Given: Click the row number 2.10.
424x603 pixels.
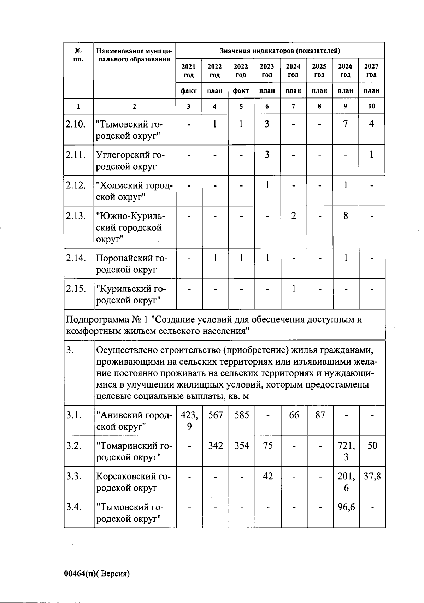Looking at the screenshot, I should click(x=75, y=124).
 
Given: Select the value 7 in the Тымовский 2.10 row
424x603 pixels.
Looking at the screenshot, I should click(x=346, y=124).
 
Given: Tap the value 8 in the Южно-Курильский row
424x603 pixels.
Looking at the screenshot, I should click(x=346, y=215).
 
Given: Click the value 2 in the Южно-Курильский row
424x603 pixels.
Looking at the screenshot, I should click(x=294, y=215).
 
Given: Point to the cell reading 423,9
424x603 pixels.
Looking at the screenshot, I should click(x=189, y=421).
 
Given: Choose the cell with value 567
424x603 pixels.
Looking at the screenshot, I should click(x=216, y=415).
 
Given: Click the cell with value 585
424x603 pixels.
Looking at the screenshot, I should click(x=242, y=415).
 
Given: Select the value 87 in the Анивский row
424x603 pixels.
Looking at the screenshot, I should click(x=320, y=415).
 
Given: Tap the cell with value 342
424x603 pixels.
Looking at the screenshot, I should click(x=216, y=446).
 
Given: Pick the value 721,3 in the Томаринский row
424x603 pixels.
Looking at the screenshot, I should click(x=346, y=451).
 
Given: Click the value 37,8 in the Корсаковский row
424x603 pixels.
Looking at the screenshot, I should click(x=372, y=477).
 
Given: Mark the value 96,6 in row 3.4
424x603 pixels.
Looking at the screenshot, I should click(x=346, y=507).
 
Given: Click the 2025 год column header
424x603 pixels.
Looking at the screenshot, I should click(x=319, y=70).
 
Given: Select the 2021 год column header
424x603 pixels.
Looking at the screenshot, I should click(x=189, y=70).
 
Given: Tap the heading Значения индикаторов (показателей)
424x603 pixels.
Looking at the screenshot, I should click(x=280, y=51).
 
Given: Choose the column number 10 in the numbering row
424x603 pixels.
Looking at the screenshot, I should click(x=372, y=106).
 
